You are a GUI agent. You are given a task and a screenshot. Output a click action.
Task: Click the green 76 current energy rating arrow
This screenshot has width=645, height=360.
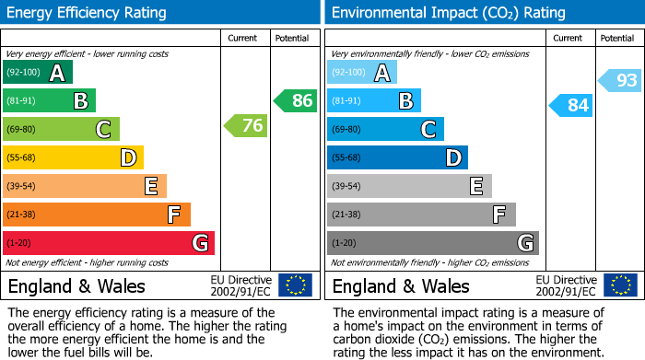[x=246, y=125]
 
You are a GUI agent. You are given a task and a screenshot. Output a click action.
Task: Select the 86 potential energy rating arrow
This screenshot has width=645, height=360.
[x=296, y=100]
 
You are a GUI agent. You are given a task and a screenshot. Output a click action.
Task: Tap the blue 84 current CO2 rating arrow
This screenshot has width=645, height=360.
[x=570, y=105]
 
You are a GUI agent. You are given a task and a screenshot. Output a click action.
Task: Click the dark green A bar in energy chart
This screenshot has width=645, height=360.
[x=38, y=73]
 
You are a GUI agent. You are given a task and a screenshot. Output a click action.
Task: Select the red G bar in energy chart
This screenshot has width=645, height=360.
[x=109, y=243]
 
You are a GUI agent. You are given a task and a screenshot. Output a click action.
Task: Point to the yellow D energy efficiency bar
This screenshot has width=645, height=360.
[x=74, y=157]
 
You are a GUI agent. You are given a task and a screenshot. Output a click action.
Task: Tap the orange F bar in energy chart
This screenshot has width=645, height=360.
[x=97, y=215]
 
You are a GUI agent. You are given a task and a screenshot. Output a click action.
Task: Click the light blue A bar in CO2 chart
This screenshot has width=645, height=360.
[x=362, y=73]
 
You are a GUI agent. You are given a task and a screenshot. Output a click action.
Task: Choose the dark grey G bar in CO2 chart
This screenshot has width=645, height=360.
[x=433, y=243]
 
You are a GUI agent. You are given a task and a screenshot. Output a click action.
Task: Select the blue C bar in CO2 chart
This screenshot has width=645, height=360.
[x=385, y=129]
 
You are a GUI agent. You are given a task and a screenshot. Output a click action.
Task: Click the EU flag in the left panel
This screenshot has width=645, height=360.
[x=295, y=285]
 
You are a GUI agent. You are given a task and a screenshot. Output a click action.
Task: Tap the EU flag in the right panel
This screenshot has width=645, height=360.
[x=619, y=285]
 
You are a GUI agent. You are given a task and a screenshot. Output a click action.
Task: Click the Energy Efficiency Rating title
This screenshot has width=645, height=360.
[x=88, y=13]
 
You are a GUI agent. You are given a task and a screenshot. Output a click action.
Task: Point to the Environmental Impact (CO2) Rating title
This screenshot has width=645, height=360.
[x=448, y=13]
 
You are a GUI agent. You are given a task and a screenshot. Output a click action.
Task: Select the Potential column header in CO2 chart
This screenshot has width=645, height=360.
[x=616, y=38]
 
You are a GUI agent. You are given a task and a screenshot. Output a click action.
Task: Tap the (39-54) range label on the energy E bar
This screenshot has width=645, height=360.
[x=20, y=186]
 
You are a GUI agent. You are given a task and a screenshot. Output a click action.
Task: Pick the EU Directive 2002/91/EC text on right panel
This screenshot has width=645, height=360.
[x=566, y=285]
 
